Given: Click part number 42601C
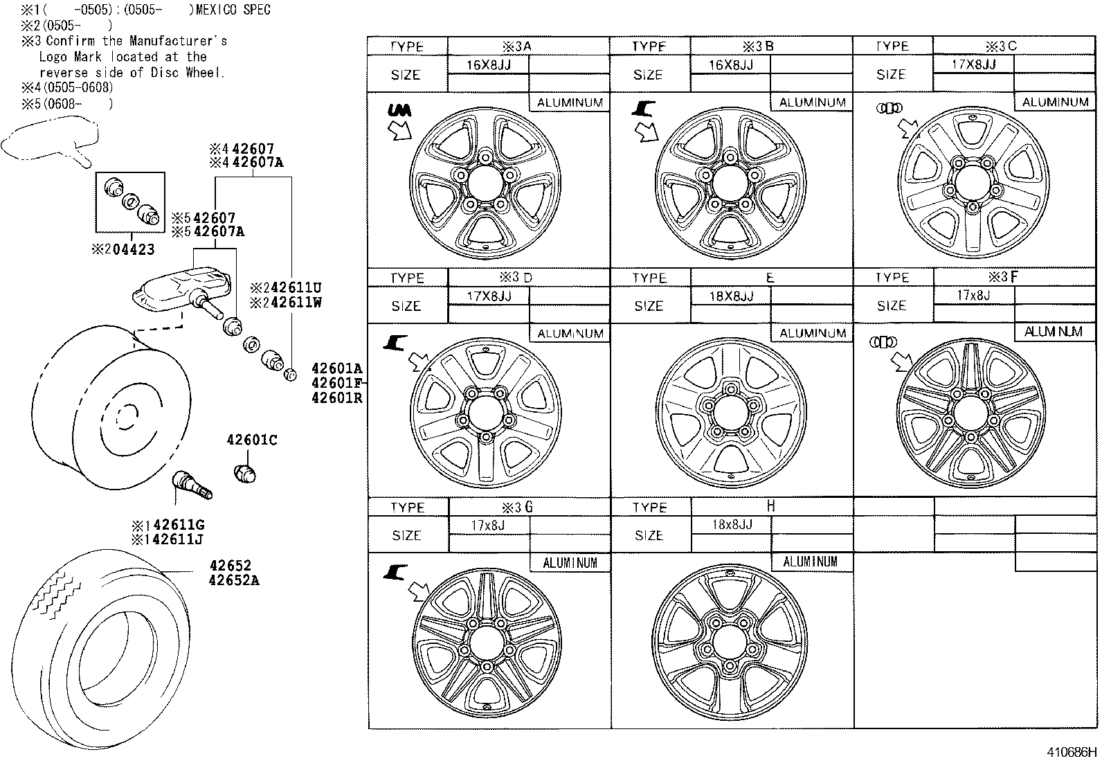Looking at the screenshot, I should (252, 440).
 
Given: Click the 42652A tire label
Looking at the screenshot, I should (234, 580).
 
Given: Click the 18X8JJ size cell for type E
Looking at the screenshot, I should (730, 296).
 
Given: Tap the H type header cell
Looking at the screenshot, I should (771, 507).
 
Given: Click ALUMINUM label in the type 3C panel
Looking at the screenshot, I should (1055, 102).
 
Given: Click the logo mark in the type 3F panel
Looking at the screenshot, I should (884, 342).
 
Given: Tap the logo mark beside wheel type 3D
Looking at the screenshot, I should (397, 341).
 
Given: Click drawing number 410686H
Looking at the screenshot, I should (1070, 751).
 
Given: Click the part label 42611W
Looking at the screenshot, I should (289, 303).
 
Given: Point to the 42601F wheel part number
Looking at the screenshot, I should (336, 383).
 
